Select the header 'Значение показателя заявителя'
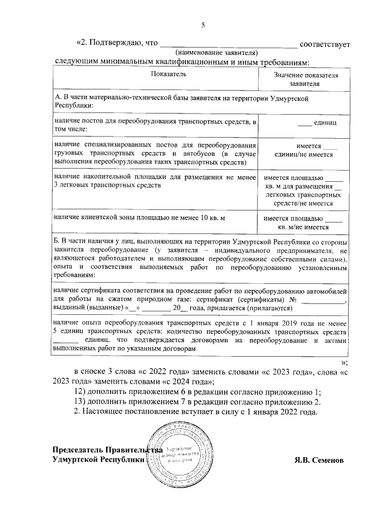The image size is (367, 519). pos(304,79)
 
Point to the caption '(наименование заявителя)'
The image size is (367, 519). pos(220,52)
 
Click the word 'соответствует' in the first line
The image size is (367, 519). pos(325,43)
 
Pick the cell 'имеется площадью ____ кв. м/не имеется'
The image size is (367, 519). pos(304,223)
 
